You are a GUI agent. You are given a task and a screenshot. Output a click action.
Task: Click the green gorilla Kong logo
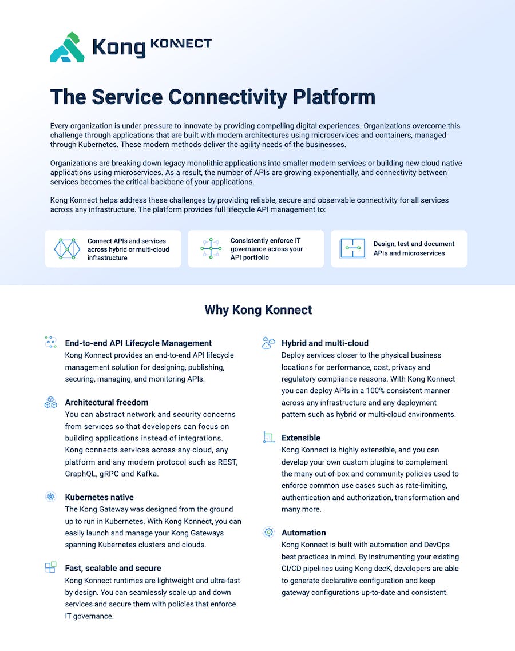point(68,47)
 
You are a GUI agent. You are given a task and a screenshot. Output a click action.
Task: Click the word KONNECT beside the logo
point(181,43)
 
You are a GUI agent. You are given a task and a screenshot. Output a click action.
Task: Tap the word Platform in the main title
point(334,97)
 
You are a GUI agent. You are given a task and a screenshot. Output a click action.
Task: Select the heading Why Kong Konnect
point(258,309)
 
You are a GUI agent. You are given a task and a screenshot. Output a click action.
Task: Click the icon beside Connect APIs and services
point(67,249)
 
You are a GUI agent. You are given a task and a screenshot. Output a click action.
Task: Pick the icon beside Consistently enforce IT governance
point(211,248)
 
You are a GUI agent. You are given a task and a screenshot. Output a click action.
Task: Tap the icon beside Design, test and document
point(352,248)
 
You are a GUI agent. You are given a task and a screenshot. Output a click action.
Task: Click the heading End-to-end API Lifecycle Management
point(138,343)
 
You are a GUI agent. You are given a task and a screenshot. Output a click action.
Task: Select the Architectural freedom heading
point(106,402)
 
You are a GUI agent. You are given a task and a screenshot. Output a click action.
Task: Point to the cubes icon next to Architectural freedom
point(51,402)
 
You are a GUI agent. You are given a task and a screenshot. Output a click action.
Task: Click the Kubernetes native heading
point(99,497)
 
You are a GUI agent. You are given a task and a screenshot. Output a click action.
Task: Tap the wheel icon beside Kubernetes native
point(51,497)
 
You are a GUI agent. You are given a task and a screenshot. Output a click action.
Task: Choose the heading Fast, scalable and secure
point(113,568)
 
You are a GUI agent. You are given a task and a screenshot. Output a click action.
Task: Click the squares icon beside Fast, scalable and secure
point(51,567)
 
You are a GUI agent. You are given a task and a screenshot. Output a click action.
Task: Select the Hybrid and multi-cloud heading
point(325,343)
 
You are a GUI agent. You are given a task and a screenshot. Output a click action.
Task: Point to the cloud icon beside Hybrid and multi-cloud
point(268,343)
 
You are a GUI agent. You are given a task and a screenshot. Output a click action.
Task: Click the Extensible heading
point(300,438)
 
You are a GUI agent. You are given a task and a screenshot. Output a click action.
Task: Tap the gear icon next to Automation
point(269,532)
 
